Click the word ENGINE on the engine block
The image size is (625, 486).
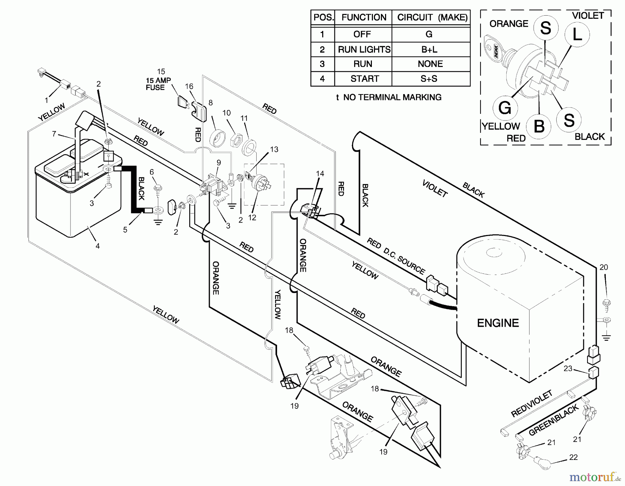(498, 323)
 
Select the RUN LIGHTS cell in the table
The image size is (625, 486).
(364, 50)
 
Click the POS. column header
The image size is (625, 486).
(323, 17)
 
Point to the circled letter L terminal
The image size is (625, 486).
(577, 34)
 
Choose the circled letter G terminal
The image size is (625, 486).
(505, 108)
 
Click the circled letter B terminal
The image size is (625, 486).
(539, 126)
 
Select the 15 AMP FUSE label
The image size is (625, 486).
(158, 84)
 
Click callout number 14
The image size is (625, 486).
(320, 173)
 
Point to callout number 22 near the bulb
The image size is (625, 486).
(573, 457)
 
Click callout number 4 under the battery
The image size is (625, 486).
(98, 246)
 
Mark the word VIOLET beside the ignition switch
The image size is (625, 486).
(588, 16)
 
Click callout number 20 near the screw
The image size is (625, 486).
(603, 267)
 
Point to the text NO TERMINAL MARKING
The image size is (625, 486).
(392, 97)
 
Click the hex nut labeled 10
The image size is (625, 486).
(236, 140)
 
